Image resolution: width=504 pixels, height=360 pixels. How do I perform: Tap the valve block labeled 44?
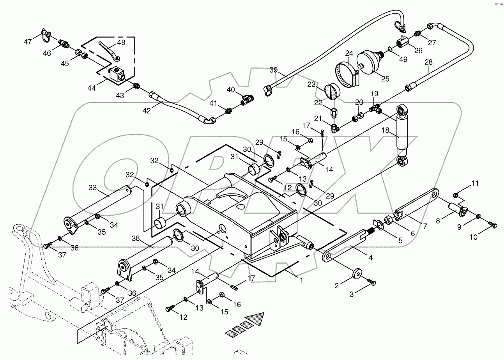117,74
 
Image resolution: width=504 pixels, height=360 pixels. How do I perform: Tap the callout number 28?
428,62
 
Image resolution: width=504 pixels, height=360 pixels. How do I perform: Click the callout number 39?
274,70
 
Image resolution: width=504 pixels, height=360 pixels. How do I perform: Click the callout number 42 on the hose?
146,111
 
